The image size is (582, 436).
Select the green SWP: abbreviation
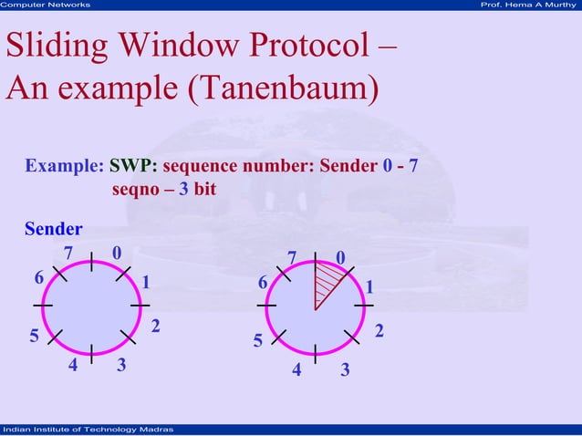pos(133,167)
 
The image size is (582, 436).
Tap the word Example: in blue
pos(64,167)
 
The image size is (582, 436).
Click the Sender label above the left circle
pos(53,228)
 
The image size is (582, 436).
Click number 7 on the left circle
pos(68,253)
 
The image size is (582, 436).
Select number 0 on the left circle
pos(116,253)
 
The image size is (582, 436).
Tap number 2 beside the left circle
pos(156,327)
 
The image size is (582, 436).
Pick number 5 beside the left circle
pos(35,337)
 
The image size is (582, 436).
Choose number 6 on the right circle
pos(263,284)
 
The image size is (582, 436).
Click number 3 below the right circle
pos(345,370)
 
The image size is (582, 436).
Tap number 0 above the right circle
pos(339,259)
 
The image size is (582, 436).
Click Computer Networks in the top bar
pos(46,5)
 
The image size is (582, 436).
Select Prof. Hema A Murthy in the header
pos(528,5)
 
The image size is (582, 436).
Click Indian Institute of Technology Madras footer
pos(82,430)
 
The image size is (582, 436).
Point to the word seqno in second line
pos(134,190)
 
